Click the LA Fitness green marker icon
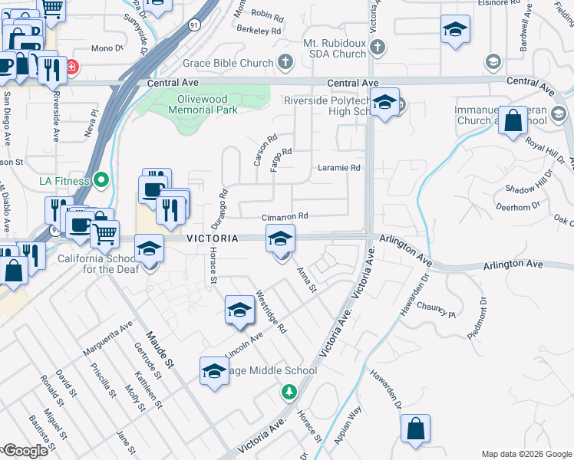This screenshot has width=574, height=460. pyautogui.click(x=100, y=182)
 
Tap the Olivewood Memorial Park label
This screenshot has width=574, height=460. pyautogui.click(x=197, y=104)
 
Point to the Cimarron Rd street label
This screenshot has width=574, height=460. pyautogui.click(x=284, y=217)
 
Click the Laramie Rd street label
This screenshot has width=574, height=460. pyautogui.click(x=339, y=168)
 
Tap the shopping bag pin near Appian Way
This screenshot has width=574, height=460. pyautogui.click(x=415, y=429)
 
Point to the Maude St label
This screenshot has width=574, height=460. pyautogui.click(x=162, y=346)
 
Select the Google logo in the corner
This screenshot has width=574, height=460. pyautogui.click(x=25, y=451)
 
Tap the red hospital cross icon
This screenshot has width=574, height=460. pyautogui.click(x=71, y=67)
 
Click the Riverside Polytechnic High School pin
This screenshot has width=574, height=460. pyautogui.click(x=385, y=102)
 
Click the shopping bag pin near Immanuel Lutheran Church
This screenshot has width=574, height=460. pyautogui.click(x=513, y=121)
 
